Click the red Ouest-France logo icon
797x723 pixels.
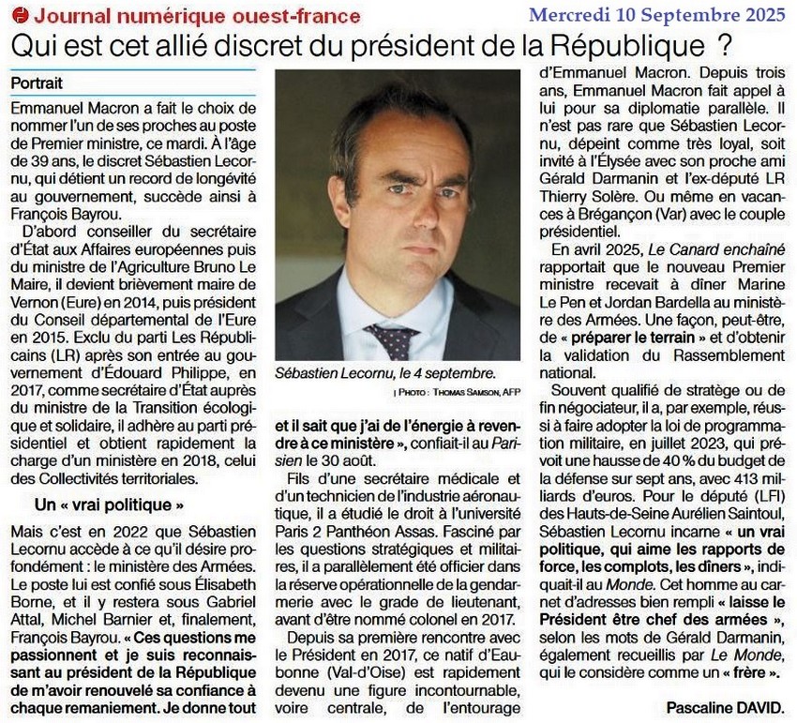[x=21, y=16]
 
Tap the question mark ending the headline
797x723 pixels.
[x=722, y=45]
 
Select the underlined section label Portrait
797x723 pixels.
[x=38, y=83]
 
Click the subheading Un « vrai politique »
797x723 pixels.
[x=109, y=504]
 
